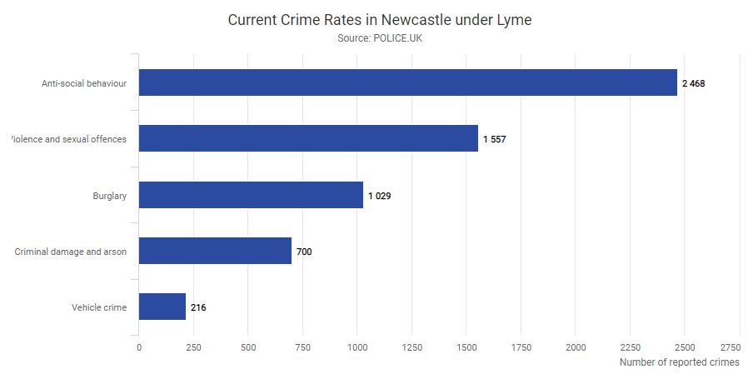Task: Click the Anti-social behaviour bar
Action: (407, 82)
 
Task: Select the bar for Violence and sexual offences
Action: (308, 138)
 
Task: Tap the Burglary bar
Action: (251, 195)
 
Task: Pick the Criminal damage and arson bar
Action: (215, 251)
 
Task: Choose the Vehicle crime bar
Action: (162, 307)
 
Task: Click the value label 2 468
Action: (693, 83)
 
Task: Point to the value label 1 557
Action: (494, 139)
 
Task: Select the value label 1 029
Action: (379, 196)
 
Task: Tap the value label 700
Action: (304, 252)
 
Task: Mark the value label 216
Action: (198, 307)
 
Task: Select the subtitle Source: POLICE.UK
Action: (379, 38)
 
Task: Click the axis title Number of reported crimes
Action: (679, 362)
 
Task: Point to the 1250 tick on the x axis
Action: (412, 347)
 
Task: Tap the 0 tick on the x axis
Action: (138, 347)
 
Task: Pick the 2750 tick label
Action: (730, 347)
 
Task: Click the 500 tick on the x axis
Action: (248, 347)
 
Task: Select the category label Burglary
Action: (109, 196)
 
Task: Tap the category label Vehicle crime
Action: (99, 307)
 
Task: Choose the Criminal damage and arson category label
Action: (71, 252)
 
